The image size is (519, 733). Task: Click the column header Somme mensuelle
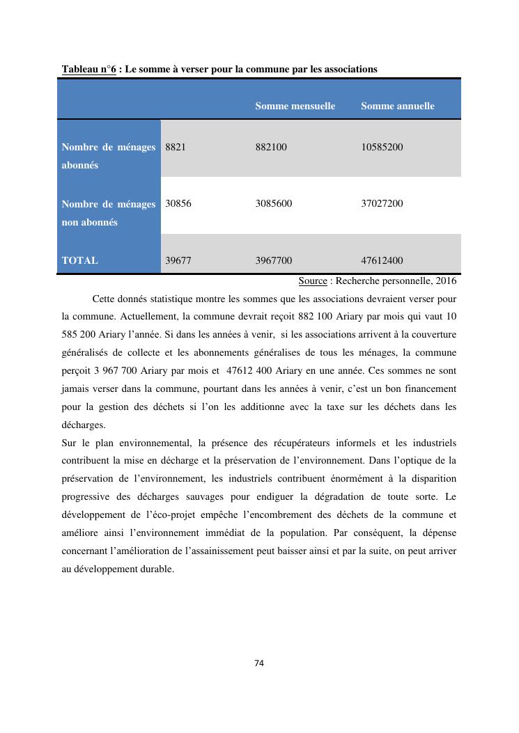tap(295, 106)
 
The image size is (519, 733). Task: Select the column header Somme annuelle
tap(397, 106)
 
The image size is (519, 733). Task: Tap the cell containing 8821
tap(176, 147)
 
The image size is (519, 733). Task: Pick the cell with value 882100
tap(271, 147)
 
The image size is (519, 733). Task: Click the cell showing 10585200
tap(382, 147)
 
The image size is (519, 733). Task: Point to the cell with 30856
tap(178, 203)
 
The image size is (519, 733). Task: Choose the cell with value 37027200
tap(382, 203)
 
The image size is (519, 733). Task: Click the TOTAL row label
tap(79, 260)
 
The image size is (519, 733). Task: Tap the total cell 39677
tap(178, 260)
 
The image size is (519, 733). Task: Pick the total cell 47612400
tap(382, 260)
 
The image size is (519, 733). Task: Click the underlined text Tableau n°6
tap(88, 69)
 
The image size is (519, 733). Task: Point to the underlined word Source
tap(313, 281)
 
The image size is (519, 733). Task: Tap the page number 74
tap(259, 663)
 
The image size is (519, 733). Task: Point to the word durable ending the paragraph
tap(157, 568)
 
